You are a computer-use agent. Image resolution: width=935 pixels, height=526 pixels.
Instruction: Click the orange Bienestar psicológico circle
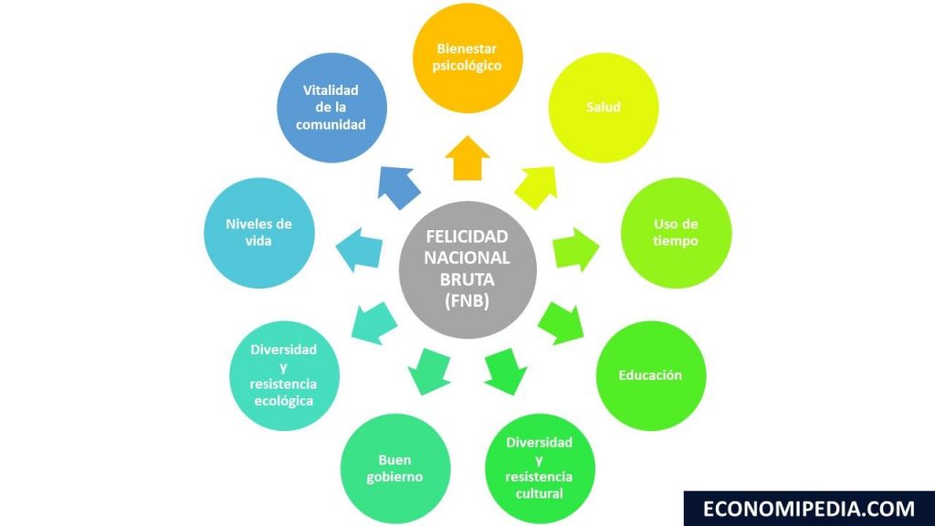pyautogui.click(x=467, y=57)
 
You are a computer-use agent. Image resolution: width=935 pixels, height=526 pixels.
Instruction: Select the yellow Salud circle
pyautogui.click(x=604, y=108)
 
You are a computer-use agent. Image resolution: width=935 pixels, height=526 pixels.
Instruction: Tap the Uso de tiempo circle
pyautogui.click(x=677, y=233)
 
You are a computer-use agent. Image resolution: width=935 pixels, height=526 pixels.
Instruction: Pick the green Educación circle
pyautogui.click(x=650, y=375)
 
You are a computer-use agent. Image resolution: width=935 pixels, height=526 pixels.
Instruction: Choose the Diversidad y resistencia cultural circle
pyautogui.click(x=540, y=468)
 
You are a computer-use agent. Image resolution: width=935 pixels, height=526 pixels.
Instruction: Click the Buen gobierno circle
pyautogui.click(x=395, y=468)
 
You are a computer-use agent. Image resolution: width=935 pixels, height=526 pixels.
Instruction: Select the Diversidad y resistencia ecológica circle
pyautogui.click(x=283, y=375)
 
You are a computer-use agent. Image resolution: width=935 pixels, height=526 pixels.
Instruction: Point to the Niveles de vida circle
pyautogui.click(x=258, y=233)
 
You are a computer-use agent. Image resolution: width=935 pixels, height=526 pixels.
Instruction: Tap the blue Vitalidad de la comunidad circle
pyautogui.click(x=331, y=108)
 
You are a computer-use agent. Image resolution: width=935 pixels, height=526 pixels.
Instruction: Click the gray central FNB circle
pyautogui.click(x=467, y=268)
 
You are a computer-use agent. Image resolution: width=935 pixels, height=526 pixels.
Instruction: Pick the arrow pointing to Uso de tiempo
pyautogui.click(x=573, y=249)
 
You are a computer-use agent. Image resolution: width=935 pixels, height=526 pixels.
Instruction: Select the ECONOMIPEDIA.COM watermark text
pyautogui.click(x=809, y=509)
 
